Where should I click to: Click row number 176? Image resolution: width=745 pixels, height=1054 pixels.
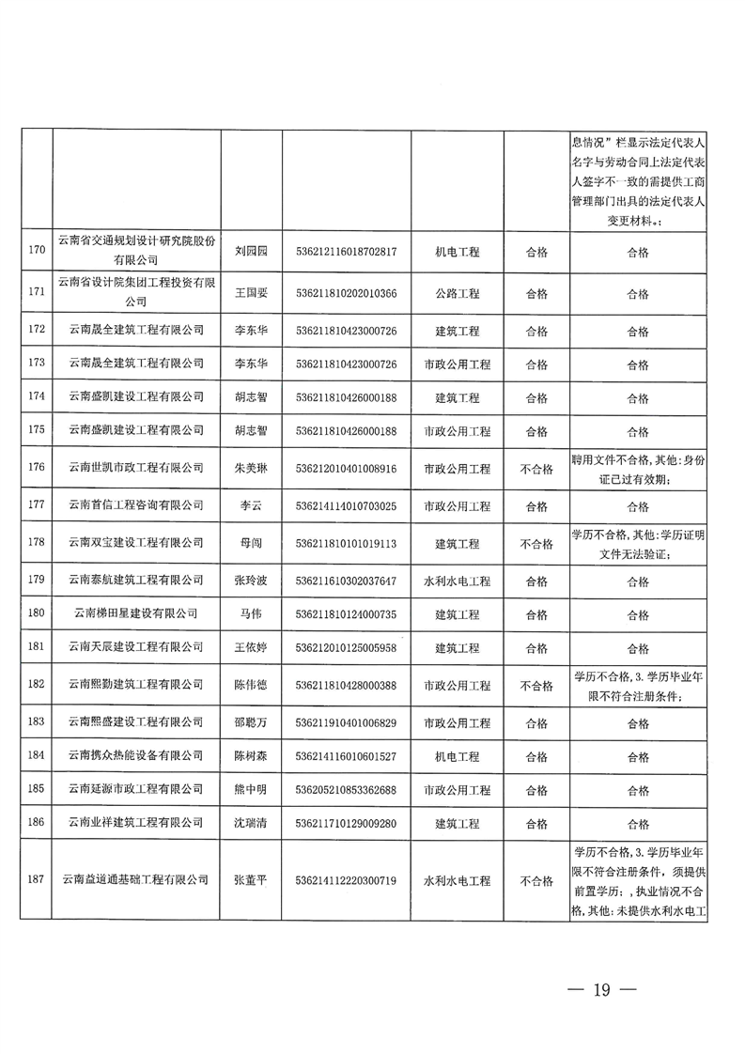[x=38, y=467]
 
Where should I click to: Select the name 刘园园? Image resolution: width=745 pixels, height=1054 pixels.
[x=251, y=252]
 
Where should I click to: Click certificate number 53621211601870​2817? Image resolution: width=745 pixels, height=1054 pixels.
[x=346, y=252]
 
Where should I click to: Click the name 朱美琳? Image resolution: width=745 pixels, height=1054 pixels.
[x=251, y=467]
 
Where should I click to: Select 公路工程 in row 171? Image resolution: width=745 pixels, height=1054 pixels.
[x=458, y=293]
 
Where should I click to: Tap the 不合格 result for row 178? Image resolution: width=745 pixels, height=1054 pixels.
[x=536, y=544]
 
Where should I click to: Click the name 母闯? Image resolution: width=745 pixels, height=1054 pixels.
[x=251, y=544]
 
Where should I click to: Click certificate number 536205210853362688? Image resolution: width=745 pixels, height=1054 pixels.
[x=346, y=788]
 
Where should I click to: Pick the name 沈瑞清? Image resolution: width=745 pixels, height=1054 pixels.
[x=251, y=823]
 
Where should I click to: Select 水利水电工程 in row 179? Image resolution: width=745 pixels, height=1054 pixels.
[x=458, y=581]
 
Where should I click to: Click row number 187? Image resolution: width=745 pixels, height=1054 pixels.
[x=38, y=880]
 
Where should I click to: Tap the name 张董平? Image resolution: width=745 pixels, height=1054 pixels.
[x=251, y=880]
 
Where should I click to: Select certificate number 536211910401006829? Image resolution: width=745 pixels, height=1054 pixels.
[x=346, y=722]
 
